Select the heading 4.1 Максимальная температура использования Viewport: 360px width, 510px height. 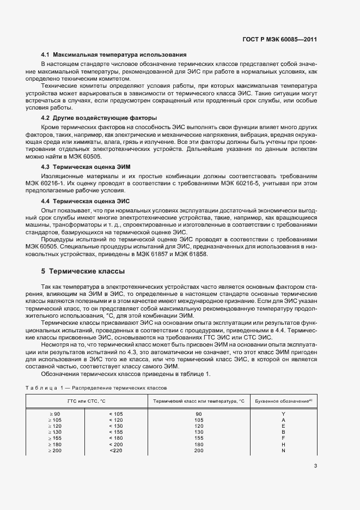(x=114, y=55)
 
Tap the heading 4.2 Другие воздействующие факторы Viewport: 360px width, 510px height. (x=99, y=118)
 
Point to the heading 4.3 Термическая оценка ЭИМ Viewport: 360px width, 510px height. (x=86, y=166)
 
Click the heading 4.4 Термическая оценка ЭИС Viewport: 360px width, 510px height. (x=86, y=201)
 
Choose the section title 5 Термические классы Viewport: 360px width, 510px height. (x=83, y=271)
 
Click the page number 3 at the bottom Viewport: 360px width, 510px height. (x=316, y=465)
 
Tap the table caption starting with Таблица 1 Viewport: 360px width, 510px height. (x=96, y=387)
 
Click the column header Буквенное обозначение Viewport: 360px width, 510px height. (x=283, y=401)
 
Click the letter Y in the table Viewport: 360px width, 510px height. (x=283, y=414)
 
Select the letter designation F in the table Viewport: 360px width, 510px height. (x=283, y=438)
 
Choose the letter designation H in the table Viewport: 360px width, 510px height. (x=283, y=445)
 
